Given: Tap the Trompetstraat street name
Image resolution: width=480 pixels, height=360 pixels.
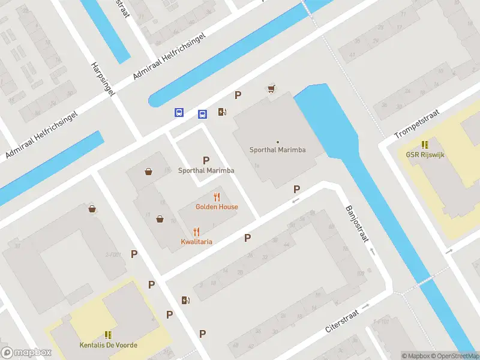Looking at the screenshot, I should point(418,124).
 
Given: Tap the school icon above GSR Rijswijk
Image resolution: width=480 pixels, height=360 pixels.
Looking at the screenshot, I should point(425,145).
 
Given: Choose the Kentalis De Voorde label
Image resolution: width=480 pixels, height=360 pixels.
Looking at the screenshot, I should point(109,345).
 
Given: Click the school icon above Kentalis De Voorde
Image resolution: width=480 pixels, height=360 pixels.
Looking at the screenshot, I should point(109,335).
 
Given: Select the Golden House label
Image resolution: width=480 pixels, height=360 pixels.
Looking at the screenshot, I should point(217,207).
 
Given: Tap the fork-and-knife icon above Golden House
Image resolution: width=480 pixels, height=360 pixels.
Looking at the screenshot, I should point(217,197).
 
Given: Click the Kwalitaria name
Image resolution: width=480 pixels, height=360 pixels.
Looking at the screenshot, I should point(196,242).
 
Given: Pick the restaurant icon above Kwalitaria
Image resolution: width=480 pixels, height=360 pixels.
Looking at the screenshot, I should point(196,232).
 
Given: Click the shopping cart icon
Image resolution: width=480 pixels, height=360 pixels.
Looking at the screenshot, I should point(271,89).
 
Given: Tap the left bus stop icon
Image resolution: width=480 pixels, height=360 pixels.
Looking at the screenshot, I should point(179,112).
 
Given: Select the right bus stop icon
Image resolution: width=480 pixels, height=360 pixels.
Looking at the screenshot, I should point(203,114).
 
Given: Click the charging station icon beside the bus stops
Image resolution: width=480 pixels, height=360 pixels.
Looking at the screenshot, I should point(222,112).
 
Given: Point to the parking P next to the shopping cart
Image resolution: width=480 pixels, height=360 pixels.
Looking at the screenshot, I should point(238,95).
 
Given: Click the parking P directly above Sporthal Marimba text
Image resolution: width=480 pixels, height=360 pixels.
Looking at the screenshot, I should point(206,160).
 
